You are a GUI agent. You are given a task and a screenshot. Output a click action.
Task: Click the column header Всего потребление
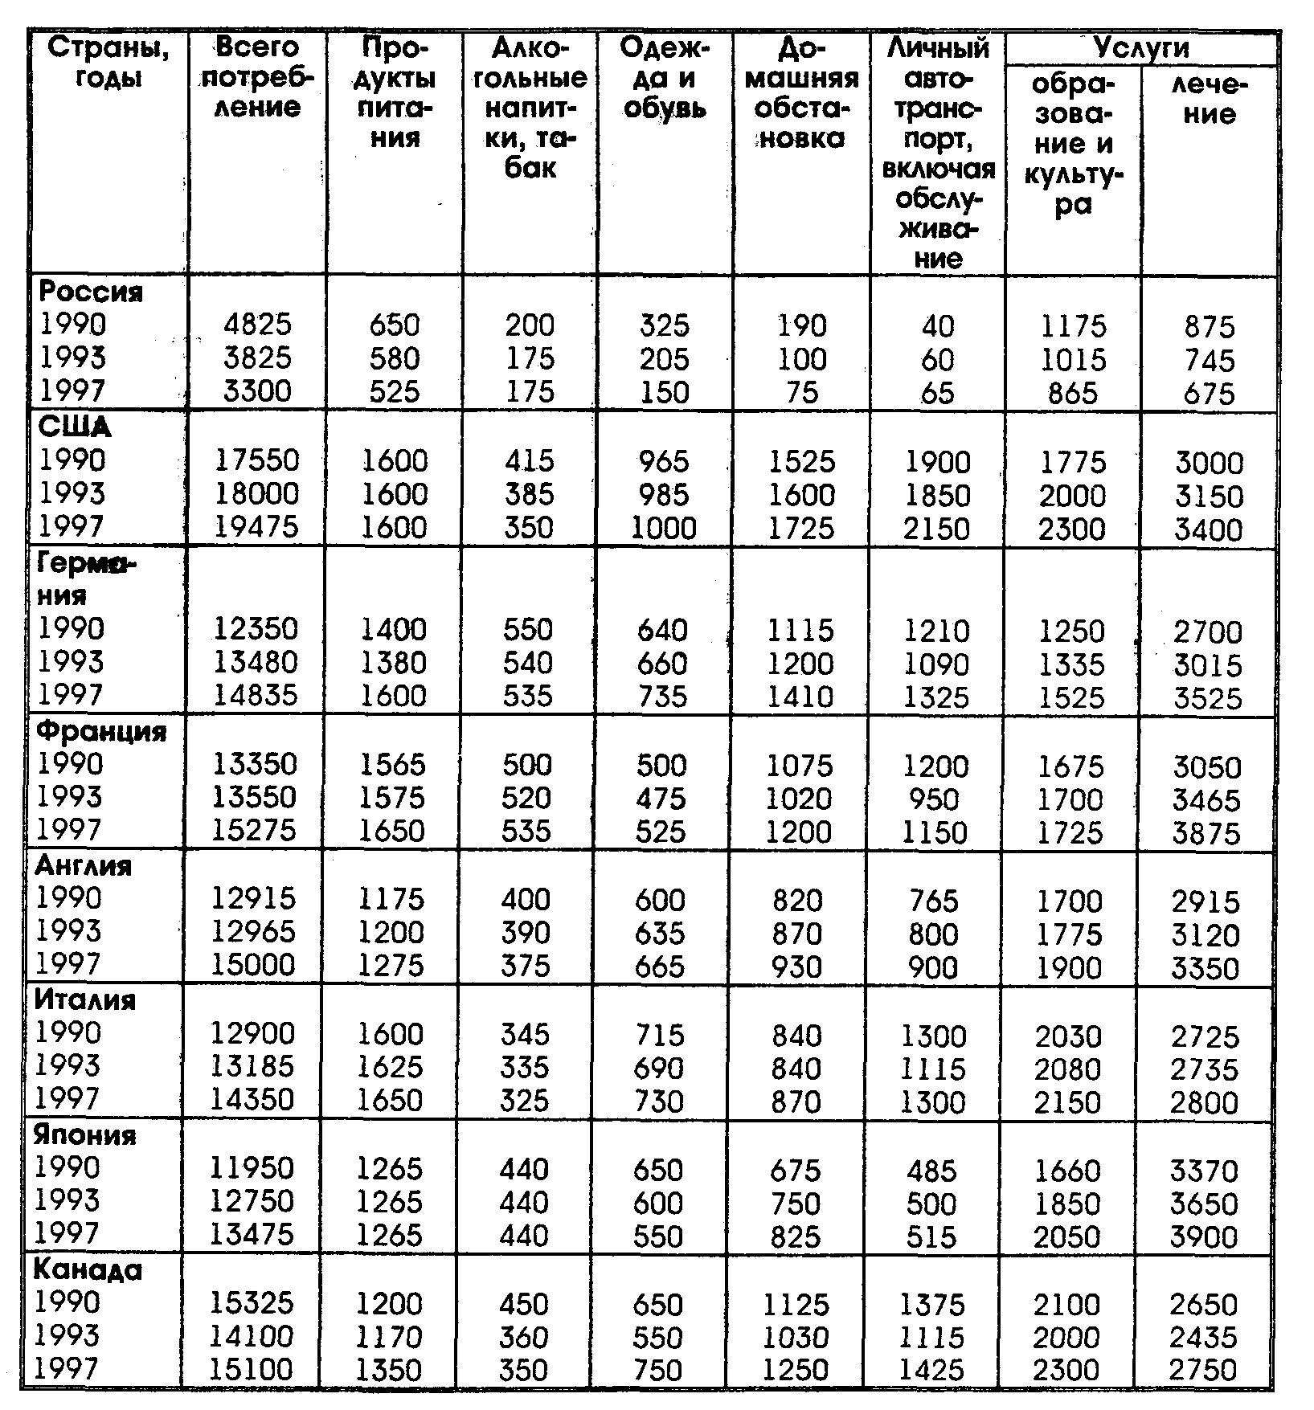pos(257,78)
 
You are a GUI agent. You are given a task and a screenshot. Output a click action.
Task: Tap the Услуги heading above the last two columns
pos(1140,47)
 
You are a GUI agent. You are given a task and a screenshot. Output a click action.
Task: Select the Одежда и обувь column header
pos(665,78)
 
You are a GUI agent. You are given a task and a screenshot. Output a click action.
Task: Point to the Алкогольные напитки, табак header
pos(530,108)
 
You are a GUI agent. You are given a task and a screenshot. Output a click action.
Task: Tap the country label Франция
pos(101,731)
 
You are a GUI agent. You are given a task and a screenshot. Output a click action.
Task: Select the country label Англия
pos(84,865)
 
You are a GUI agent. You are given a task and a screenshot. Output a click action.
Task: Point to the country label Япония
pos(85,1134)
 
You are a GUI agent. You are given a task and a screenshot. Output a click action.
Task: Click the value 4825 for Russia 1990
pos(257,325)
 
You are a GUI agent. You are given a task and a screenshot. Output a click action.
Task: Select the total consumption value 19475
pos(257,527)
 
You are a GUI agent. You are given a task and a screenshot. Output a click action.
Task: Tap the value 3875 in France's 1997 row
pos(1206,833)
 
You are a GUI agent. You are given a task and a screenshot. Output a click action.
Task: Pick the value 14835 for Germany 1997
pos(256,695)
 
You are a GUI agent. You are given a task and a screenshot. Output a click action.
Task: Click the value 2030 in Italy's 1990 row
pos(1068,1036)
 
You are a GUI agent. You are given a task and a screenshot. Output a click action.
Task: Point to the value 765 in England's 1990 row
pos(934,901)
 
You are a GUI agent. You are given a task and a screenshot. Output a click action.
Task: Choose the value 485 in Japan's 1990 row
pos(932,1171)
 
